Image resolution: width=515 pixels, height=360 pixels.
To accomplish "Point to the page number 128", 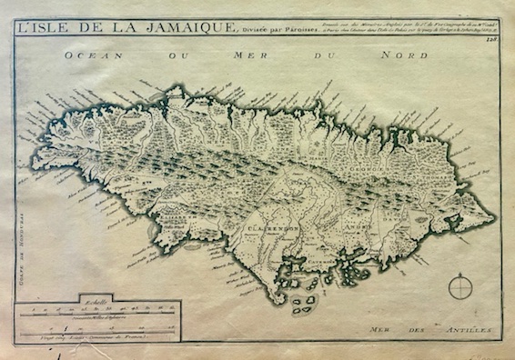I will pos(492,37).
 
